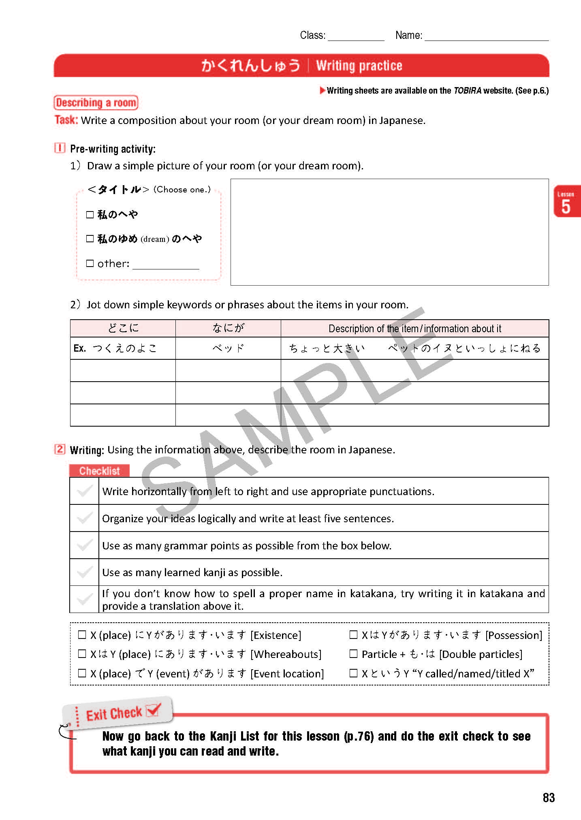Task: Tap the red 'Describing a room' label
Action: click(x=96, y=102)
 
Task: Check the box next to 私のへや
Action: click(x=90, y=214)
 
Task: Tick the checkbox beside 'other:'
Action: click(x=90, y=263)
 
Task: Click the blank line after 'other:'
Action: click(x=166, y=266)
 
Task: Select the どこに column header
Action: click(x=123, y=328)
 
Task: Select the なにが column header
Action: click(x=228, y=328)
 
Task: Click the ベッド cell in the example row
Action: click(x=228, y=348)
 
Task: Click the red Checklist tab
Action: click(x=99, y=471)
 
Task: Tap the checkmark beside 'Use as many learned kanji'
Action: click(x=85, y=572)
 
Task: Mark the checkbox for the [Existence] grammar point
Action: click(x=82, y=634)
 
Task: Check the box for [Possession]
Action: click(x=353, y=634)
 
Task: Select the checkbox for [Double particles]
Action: click(x=353, y=653)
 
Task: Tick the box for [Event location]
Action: click(x=82, y=673)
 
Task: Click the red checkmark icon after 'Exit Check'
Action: click(x=153, y=709)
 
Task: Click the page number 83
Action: click(x=549, y=797)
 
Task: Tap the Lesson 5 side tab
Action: click(x=566, y=202)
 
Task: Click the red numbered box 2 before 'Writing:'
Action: click(x=60, y=449)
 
